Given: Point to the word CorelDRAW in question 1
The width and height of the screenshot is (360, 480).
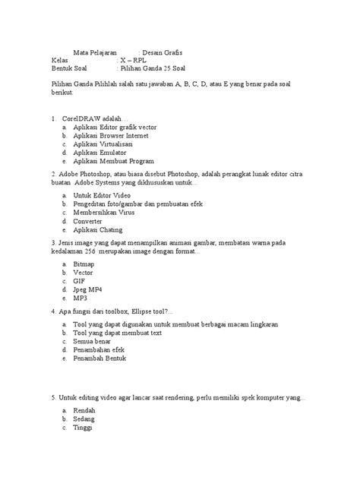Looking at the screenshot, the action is coord(83,118).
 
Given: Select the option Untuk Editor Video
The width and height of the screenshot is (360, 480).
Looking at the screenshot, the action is coord(100,195).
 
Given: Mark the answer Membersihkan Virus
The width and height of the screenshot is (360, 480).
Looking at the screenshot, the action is coord(105,213).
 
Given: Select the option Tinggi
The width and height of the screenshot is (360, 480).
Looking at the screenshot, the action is coord(83,426).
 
